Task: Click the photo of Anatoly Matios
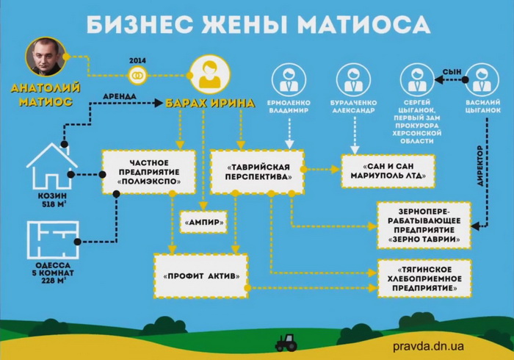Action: click(43, 57)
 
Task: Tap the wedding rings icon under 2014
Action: click(137, 75)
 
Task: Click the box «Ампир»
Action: click(203, 221)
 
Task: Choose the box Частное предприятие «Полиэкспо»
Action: click(148, 171)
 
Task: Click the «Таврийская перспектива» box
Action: click(256, 171)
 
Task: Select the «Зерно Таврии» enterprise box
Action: click(424, 225)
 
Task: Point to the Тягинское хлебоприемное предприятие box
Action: click(424, 278)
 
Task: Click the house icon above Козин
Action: click(51, 166)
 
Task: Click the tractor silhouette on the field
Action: click(285, 342)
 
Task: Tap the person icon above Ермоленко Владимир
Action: click(289, 79)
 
